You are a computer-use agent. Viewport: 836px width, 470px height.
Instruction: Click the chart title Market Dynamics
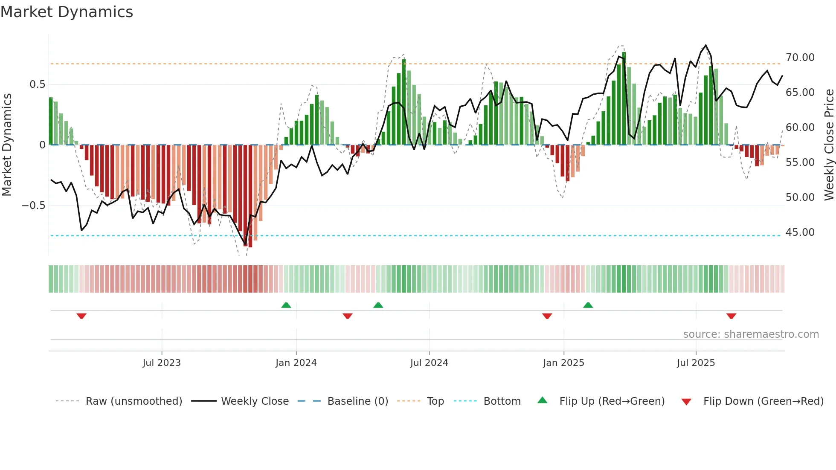pyautogui.click(x=67, y=12)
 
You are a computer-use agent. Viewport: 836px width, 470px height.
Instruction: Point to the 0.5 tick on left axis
pyautogui.click(x=37, y=84)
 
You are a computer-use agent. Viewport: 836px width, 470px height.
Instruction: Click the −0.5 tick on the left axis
pyautogui.click(x=34, y=206)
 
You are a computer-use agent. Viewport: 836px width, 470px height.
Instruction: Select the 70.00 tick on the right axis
pyautogui.click(x=800, y=58)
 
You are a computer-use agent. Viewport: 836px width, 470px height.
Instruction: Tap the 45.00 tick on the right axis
pyautogui.click(x=800, y=232)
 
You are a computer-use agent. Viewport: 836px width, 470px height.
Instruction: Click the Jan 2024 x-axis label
pyautogui.click(x=296, y=363)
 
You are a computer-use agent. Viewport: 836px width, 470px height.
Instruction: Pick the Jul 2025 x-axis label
pyautogui.click(x=696, y=363)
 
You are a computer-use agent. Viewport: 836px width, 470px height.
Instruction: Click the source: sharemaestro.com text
pyautogui.click(x=751, y=334)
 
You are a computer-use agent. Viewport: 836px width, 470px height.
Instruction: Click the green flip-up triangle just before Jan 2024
pyautogui.click(x=286, y=305)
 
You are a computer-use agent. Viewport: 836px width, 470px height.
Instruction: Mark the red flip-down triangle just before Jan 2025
pyautogui.click(x=547, y=316)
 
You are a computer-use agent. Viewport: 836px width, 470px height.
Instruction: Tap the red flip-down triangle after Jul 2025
pyautogui.click(x=731, y=316)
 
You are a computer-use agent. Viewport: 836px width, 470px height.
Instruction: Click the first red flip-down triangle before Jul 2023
pyautogui.click(x=81, y=316)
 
